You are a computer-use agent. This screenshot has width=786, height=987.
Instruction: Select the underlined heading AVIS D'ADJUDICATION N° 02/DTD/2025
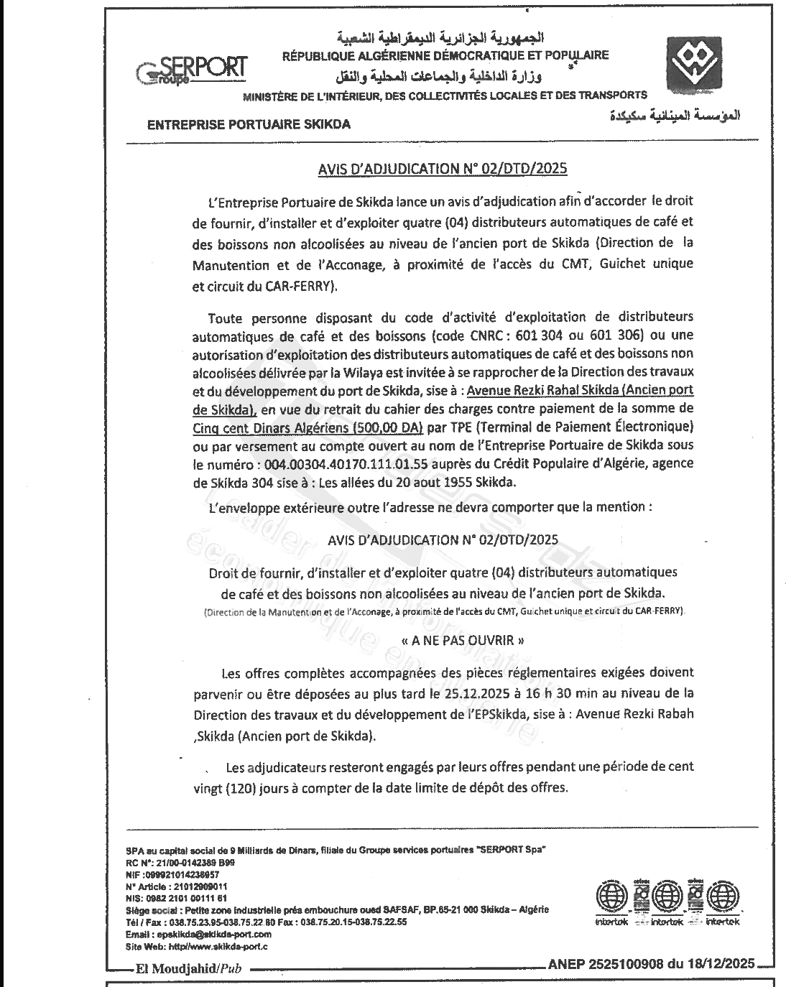click(x=443, y=170)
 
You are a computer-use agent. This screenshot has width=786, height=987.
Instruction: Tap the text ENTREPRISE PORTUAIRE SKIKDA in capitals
click(x=249, y=124)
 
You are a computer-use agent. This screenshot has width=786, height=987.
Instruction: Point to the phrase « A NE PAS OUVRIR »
click(x=457, y=641)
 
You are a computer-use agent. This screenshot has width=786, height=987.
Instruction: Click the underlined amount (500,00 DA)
click(x=387, y=427)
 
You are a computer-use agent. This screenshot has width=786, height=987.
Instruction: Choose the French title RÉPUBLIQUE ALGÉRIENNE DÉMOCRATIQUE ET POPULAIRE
click(x=445, y=55)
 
